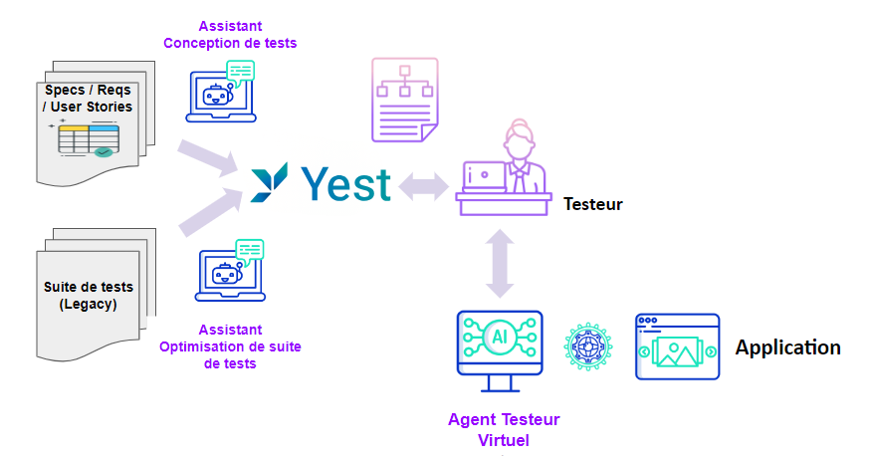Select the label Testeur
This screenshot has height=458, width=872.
(592, 204)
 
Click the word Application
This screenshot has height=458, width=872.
(787, 347)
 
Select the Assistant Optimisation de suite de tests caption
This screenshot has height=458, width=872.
(230, 346)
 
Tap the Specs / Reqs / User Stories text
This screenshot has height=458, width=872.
(88, 98)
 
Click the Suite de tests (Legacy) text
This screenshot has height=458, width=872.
(88, 295)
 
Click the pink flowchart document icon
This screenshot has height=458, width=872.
(404, 99)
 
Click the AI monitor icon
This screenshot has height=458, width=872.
(499, 343)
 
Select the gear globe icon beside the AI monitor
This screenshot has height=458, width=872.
(587, 345)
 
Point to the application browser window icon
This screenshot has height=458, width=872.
(677, 345)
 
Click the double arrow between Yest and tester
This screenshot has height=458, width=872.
(423, 184)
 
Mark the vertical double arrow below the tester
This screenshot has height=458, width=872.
(500, 263)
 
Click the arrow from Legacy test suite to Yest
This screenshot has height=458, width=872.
(208, 212)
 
